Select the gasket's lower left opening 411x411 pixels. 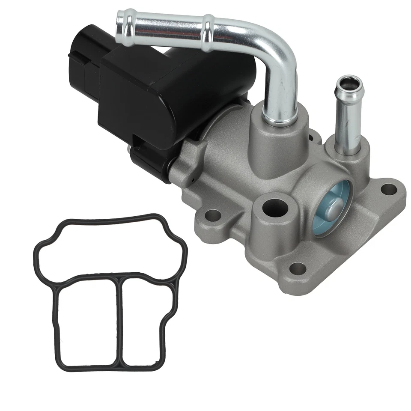[88, 323]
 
